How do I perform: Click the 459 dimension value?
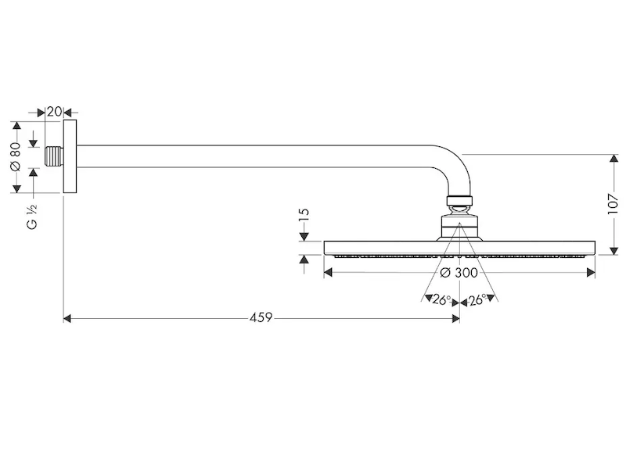(261, 318)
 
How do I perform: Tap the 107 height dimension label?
(613, 204)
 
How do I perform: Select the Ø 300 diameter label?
(459, 273)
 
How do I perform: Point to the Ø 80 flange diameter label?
(16, 156)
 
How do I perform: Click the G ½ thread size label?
(32, 217)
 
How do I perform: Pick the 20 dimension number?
(54, 112)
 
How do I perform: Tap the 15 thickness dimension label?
(304, 215)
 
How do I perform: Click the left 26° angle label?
(441, 300)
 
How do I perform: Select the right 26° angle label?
(477, 300)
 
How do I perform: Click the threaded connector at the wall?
(54, 156)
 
